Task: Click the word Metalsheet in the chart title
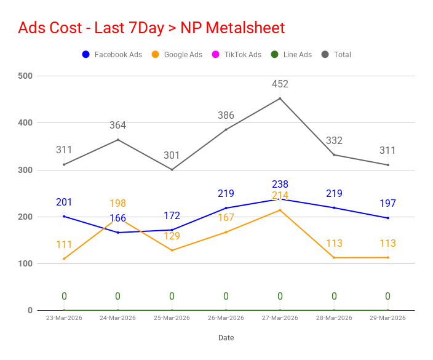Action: [245, 28]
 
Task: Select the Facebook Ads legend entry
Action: [112, 54]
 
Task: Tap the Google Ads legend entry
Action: [177, 54]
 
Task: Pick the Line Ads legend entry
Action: [292, 54]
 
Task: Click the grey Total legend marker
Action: [325, 54]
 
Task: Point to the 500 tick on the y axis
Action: [25, 76]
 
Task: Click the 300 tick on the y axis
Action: [25, 170]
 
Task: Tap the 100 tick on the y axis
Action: [25, 263]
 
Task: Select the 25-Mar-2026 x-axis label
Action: [172, 318]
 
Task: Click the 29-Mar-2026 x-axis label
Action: [387, 318]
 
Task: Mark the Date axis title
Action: [226, 338]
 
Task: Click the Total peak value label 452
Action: [280, 84]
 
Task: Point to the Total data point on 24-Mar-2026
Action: [118, 140]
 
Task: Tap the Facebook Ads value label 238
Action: [280, 184]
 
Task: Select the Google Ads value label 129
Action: [172, 236]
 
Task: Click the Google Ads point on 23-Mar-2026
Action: [64, 259]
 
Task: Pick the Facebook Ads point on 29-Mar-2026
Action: [388, 218]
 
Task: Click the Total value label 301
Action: [172, 155]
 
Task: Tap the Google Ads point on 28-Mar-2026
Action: [334, 258]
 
